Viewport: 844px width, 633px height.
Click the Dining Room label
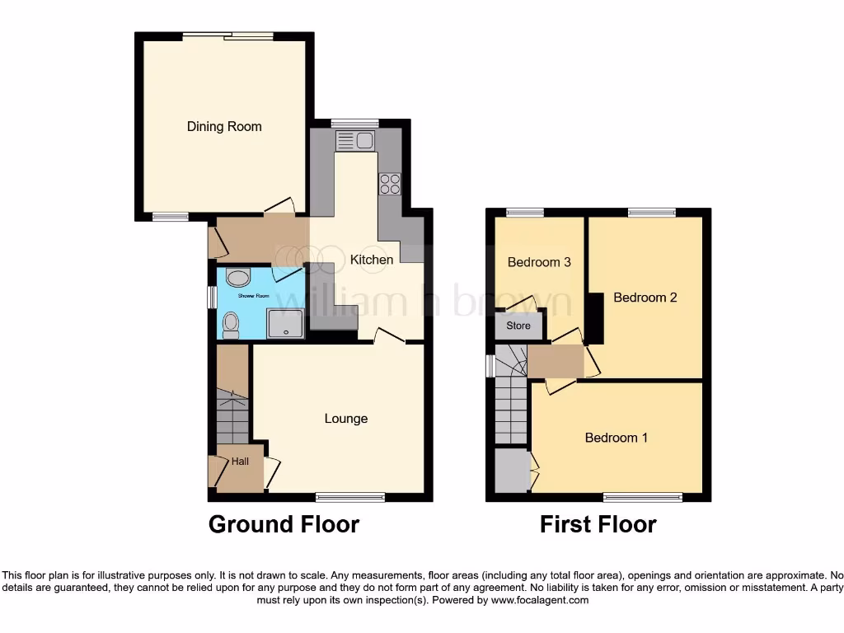(224, 126)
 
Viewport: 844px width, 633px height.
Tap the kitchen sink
(355, 140)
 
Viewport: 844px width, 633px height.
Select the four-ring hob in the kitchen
(389, 184)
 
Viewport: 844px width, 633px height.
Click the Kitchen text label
(372, 260)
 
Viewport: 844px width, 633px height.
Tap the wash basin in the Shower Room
(238, 279)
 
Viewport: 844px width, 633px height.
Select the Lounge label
(345, 419)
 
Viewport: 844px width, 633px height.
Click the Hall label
(240, 462)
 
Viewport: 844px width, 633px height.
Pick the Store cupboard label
(518, 326)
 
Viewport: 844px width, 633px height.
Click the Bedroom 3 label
(539, 262)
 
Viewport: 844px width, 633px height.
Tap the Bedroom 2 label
(645, 297)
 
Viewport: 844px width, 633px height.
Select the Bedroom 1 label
(616, 438)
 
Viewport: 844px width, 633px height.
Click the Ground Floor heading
(284, 524)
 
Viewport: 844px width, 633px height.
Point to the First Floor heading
(598, 524)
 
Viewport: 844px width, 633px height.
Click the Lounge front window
(350, 496)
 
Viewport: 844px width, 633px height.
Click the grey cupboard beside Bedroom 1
(511, 470)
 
